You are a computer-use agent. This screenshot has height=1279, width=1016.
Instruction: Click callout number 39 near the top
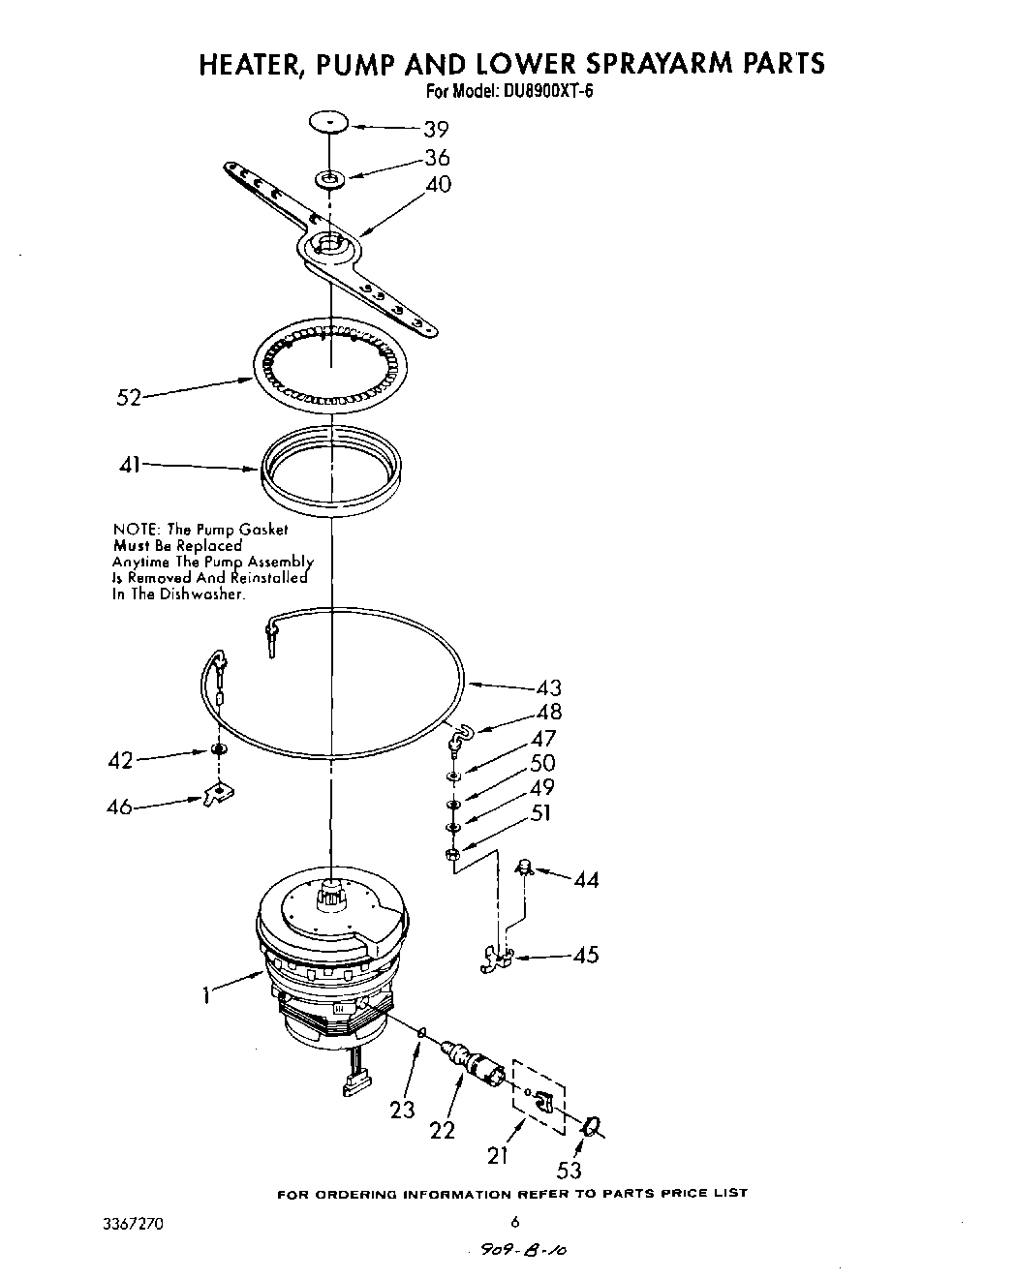pyautogui.click(x=436, y=130)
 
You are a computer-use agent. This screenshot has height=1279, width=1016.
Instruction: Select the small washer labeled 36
pyautogui.click(x=331, y=178)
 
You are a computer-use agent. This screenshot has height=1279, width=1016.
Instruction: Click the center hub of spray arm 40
pyautogui.click(x=330, y=244)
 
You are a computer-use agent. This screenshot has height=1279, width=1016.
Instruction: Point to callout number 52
pyautogui.click(x=129, y=397)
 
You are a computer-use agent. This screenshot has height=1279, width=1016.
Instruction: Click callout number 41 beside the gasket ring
pyautogui.click(x=129, y=466)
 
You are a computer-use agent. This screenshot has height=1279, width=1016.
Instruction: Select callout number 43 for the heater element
pyautogui.click(x=548, y=688)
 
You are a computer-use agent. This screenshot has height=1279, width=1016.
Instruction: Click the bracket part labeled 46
pyautogui.click(x=221, y=793)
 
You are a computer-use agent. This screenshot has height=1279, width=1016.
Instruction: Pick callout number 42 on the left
pyautogui.click(x=120, y=760)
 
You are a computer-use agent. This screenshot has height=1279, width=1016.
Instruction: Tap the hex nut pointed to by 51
pyautogui.click(x=452, y=853)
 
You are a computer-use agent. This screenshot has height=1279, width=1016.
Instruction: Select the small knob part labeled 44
pyautogui.click(x=526, y=866)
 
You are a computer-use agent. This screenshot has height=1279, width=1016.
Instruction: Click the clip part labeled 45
pyautogui.click(x=497, y=959)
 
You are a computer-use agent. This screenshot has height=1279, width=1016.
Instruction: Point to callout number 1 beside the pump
pyautogui.click(x=205, y=994)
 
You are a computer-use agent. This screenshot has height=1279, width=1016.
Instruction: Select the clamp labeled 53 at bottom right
pyautogui.click(x=590, y=1126)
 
